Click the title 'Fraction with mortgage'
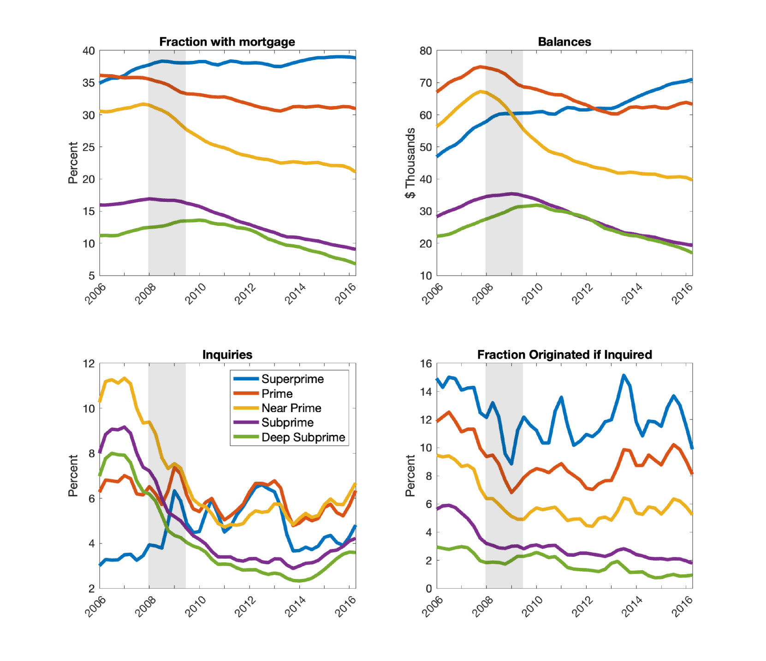227,42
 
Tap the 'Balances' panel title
564,42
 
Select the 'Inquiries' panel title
227,354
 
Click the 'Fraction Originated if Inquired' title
564,354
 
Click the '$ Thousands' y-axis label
410,163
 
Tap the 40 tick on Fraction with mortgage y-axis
89,51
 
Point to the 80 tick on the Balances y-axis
426,51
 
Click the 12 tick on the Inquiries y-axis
89,364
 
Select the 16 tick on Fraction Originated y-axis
426,364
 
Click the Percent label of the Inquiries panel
73,476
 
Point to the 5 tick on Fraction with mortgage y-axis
91,276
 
